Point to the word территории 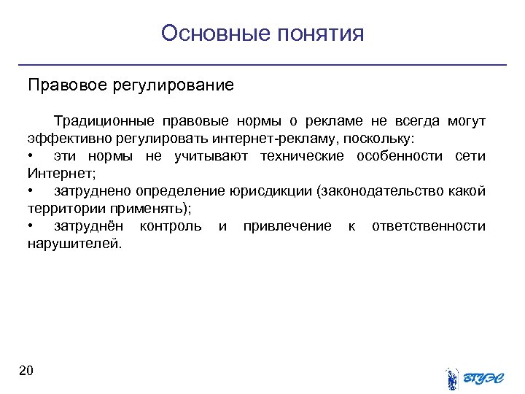pyautogui.click(x=61, y=209)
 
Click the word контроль pyautogui.click(x=171, y=226)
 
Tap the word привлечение pyautogui.click(x=287, y=226)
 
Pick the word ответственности pyautogui.click(x=429, y=226)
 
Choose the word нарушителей pyautogui.click(x=74, y=244)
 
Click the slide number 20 pyautogui.click(x=27, y=371)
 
